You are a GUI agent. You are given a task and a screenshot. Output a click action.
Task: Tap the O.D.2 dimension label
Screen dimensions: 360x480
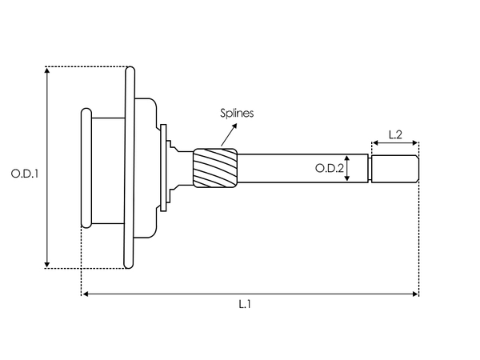click(x=329, y=168)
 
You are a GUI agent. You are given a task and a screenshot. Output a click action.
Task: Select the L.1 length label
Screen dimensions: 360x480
click(x=245, y=304)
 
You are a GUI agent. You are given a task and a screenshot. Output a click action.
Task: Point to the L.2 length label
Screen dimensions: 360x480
click(x=394, y=134)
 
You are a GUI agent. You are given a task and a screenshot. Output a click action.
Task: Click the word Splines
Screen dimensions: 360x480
click(x=237, y=114)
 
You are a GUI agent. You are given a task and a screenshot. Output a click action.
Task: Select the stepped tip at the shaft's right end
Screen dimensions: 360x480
click(x=394, y=168)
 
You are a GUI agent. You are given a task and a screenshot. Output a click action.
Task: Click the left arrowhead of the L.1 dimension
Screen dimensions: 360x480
click(x=84, y=294)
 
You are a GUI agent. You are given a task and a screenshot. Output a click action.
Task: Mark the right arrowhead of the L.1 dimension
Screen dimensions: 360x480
click(x=415, y=294)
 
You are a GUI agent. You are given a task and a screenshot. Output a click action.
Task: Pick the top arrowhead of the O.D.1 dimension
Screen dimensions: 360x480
click(x=48, y=70)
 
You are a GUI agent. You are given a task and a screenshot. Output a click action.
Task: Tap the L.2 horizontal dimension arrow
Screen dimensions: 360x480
click(x=394, y=145)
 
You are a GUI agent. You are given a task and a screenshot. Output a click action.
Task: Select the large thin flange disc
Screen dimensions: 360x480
click(x=129, y=168)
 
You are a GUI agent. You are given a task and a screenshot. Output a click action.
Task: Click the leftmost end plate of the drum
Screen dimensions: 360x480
click(x=84, y=168)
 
